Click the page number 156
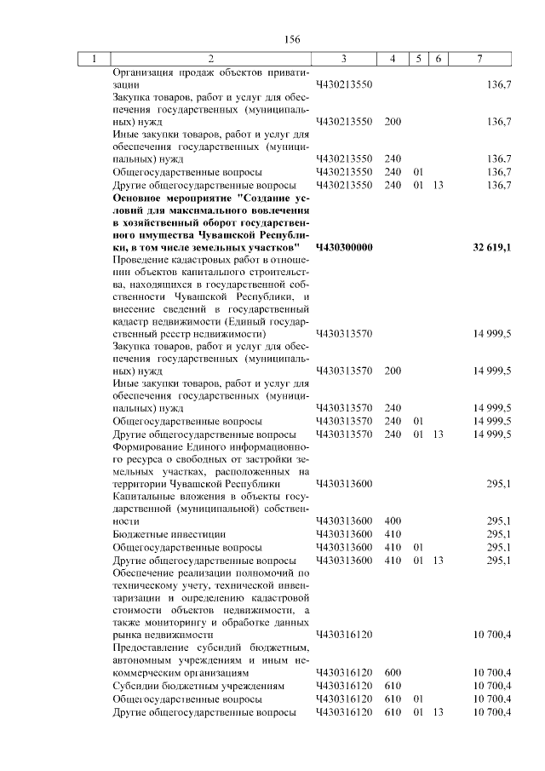click(293, 39)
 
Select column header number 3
click(342, 59)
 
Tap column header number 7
click(480, 59)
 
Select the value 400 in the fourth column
click(393, 521)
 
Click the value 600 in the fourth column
click(393, 672)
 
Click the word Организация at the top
click(144, 72)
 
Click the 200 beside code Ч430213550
click(393, 122)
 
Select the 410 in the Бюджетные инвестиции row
click(393, 534)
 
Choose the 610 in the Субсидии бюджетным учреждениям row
click(393, 686)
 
